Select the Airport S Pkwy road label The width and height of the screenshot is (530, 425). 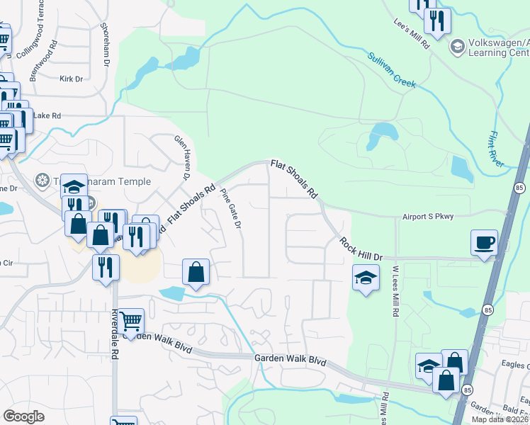pyautogui.click(x=427, y=217)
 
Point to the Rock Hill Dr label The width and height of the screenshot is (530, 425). pyautogui.click(x=361, y=249)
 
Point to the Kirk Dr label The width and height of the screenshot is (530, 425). pyautogui.click(x=72, y=79)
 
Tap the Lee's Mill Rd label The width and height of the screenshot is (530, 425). pyautogui.click(x=412, y=33)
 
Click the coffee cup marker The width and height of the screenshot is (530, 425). pyautogui.click(x=484, y=243)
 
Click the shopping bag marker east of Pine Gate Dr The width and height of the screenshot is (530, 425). pyautogui.click(x=196, y=272)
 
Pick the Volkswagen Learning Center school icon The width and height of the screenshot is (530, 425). pyautogui.click(x=458, y=46)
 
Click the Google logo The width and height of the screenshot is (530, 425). pyautogui.click(x=23, y=416)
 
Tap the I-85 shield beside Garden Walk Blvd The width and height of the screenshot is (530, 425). pyautogui.click(x=466, y=390)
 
